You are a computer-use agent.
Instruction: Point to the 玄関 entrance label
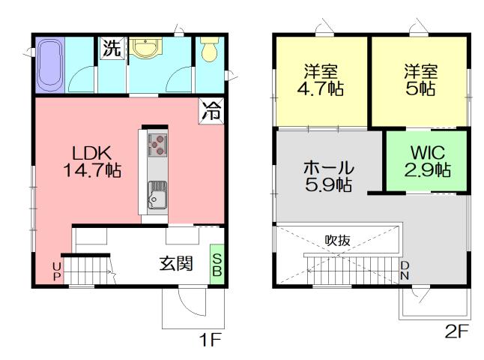click(x=176, y=264)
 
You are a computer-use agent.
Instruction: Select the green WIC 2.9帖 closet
click(x=427, y=160)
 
